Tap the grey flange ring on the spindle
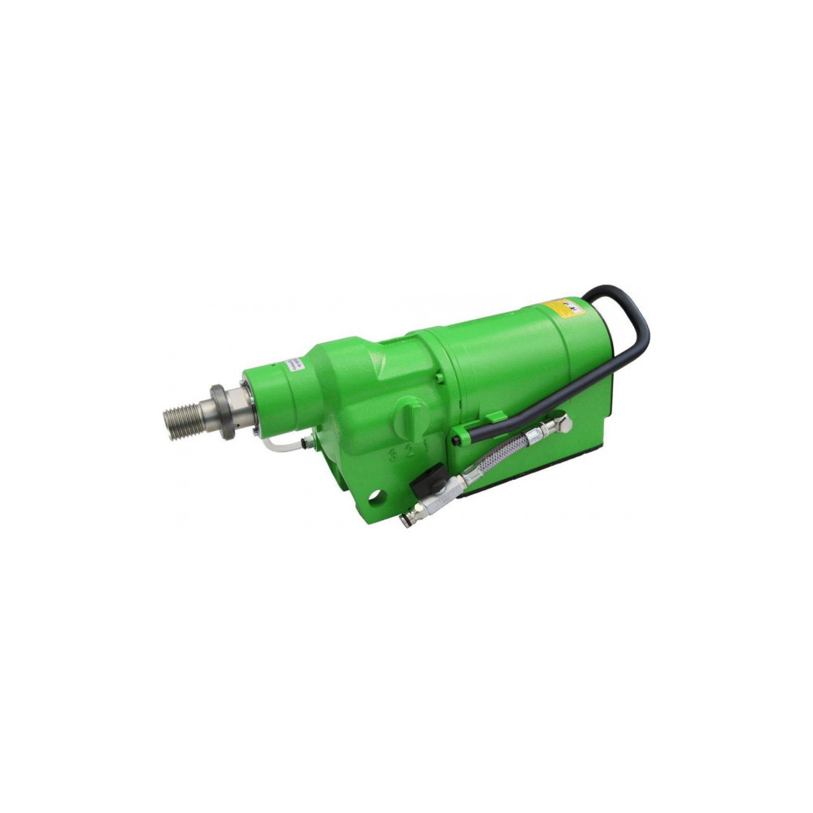click(221, 411)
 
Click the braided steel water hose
click(496, 459)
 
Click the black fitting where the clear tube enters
click(303, 444)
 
